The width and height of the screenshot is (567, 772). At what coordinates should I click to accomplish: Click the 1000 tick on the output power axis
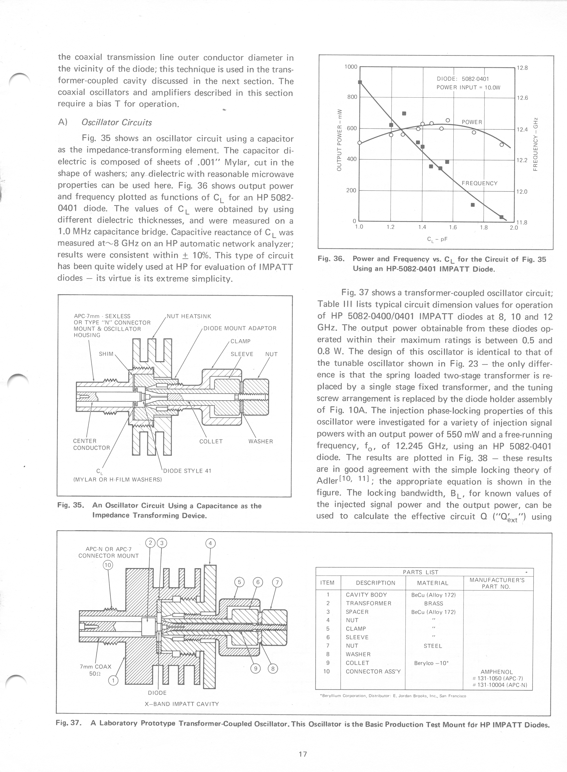(x=351, y=67)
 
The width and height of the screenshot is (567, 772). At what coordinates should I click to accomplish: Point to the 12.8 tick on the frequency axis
(x=522, y=68)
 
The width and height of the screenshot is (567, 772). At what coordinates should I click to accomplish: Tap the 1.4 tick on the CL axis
(x=422, y=227)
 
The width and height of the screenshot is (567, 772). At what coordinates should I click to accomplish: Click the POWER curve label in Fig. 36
(x=472, y=122)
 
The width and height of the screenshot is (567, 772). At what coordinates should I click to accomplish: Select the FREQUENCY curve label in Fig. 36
(x=479, y=183)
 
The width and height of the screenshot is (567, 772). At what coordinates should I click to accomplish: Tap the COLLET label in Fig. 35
(x=211, y=441)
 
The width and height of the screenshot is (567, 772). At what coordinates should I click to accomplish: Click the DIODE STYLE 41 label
(x=187, y=471)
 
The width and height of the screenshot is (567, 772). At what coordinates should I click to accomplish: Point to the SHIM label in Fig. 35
(x=106, y=354)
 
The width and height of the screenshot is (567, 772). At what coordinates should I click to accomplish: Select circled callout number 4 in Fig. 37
(x=210, y=543)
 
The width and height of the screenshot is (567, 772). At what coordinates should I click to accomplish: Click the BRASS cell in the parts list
(x=433, y=603)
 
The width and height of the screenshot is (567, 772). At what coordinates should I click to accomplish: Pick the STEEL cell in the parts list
(x=433, y=646)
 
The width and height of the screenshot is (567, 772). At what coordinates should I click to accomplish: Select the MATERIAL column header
(x=433, y=583)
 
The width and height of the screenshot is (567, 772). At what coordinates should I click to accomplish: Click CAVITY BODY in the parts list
(x=366, y=595)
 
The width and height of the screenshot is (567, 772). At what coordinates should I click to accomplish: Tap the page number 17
(x=302, y=754)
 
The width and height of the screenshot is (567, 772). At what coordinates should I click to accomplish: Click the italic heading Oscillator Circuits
(x=116, y=123)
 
